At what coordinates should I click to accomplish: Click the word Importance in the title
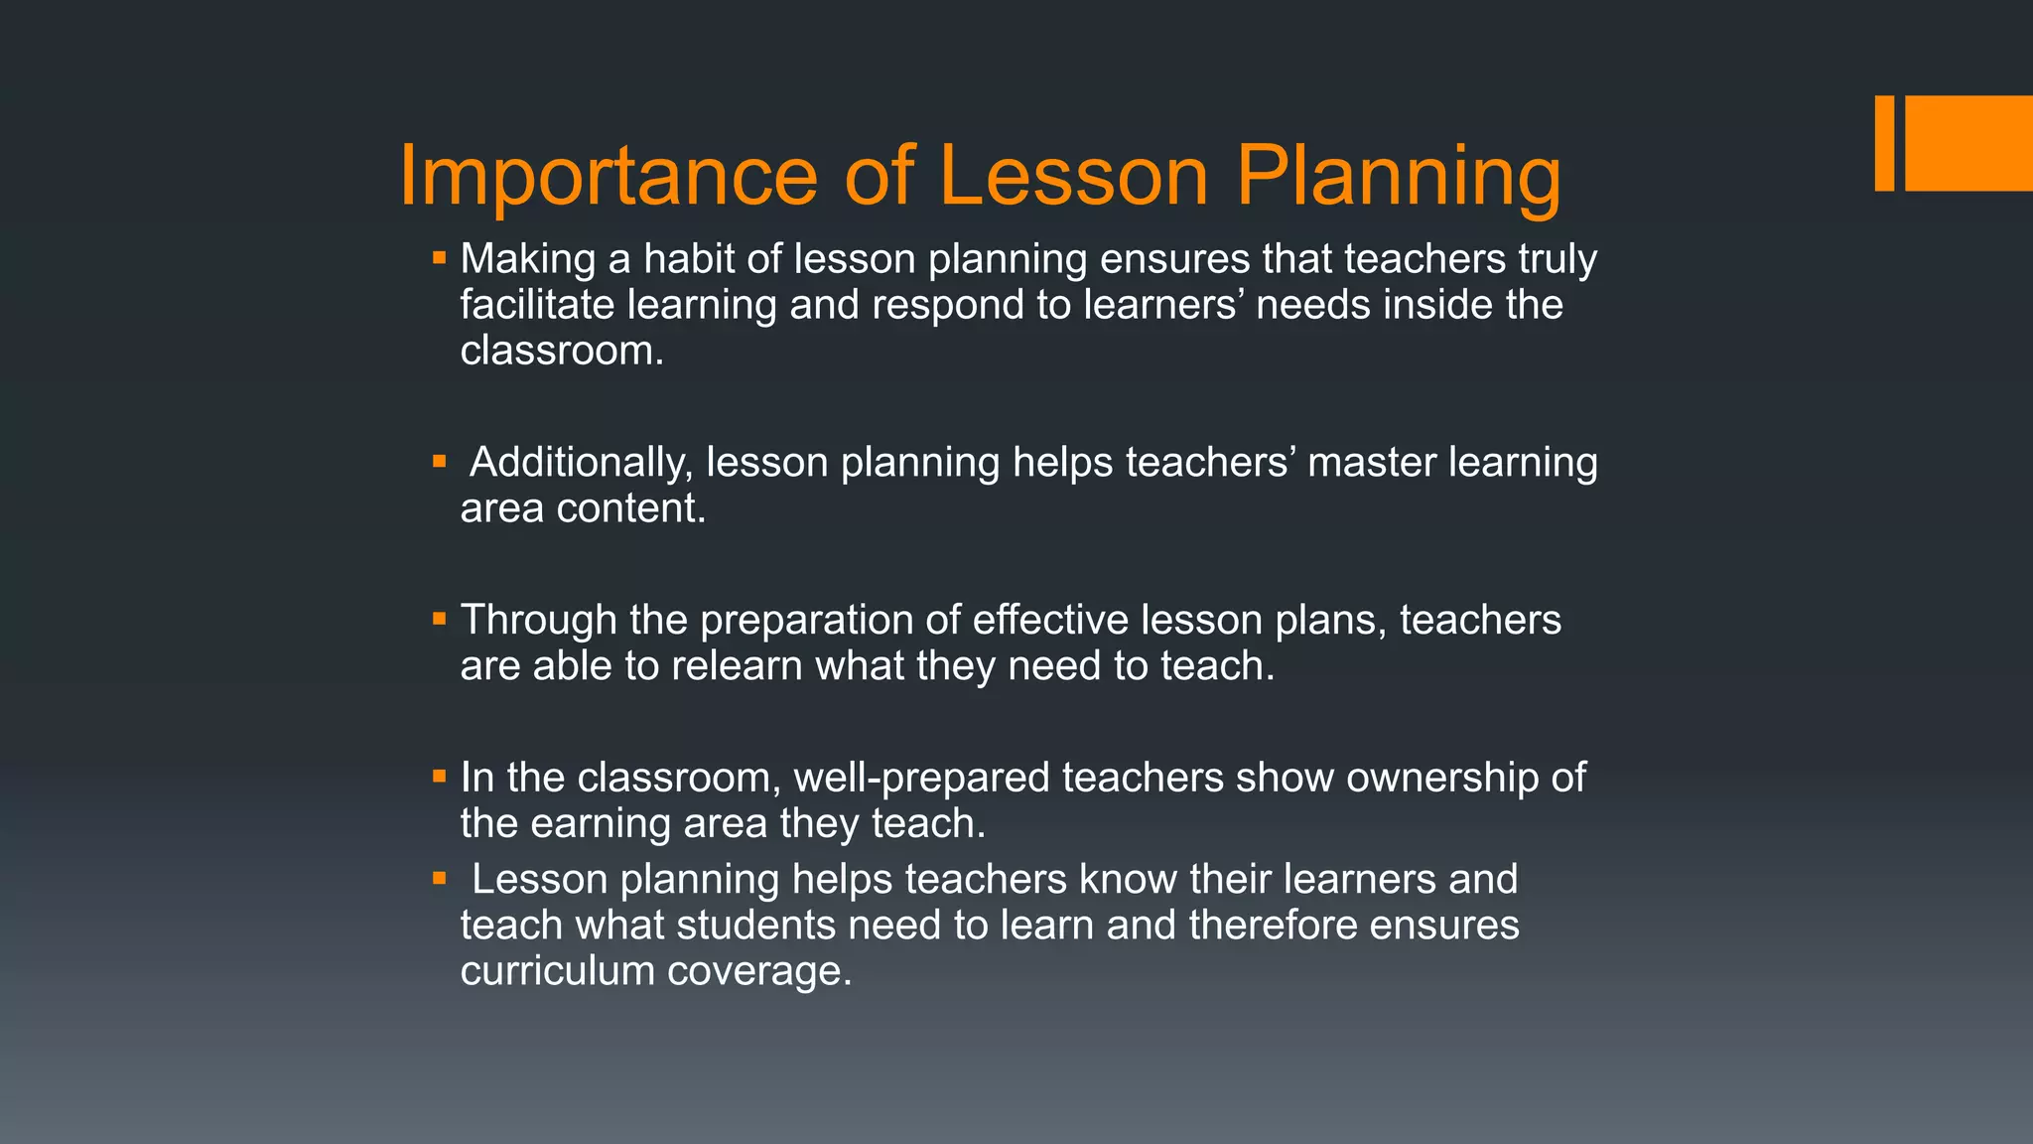(608, 177)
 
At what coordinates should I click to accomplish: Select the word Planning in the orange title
(1398, 177)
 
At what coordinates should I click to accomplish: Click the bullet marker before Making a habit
(440, 258)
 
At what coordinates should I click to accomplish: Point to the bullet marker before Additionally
(440, 461)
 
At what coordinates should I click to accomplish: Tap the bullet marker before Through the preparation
(440, 619)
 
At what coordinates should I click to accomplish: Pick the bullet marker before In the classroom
(440, 777)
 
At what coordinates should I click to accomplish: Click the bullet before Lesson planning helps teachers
(440, 878)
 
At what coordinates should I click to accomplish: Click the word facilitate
(537, 304)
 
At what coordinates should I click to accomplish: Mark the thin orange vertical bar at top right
(1884, 143)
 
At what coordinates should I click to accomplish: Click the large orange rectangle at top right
(1968, 143)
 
